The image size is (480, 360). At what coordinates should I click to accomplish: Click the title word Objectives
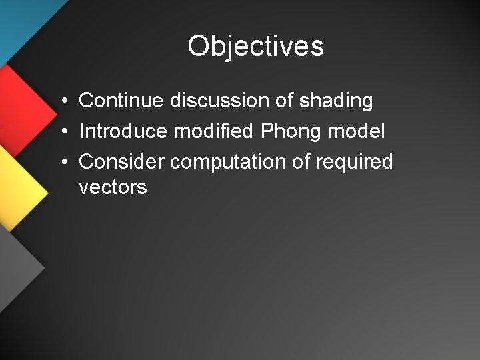click(255, 47)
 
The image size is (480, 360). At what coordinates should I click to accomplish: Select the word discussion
click(217, 101)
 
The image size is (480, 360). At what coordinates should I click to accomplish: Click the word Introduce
click(123, 131)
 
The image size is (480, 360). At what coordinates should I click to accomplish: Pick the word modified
click(213, 131)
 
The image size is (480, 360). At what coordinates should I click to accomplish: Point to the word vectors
click(113, 187)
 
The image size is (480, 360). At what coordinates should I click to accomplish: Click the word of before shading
click(284, 101)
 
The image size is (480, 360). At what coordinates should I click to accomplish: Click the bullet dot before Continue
click(61, 102)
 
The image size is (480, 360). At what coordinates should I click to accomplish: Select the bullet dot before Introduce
click(61, 132)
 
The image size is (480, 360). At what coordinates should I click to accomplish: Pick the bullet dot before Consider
click(61, 162)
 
